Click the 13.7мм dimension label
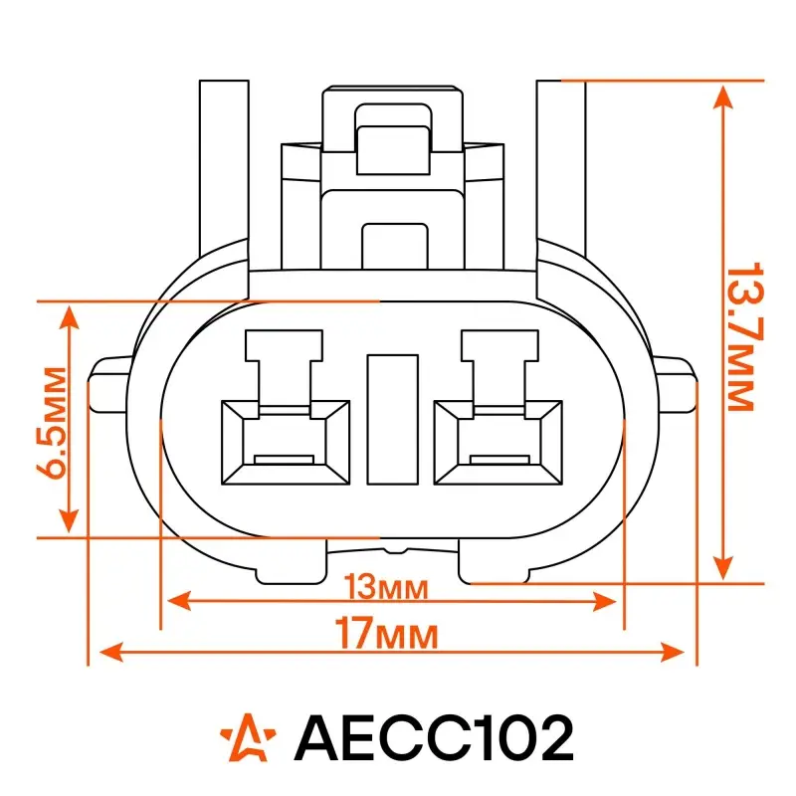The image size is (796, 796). coord(744,336)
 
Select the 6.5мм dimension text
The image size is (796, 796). coord(52,422)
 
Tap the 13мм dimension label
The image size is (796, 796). coord(387,587)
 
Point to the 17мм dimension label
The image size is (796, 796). coord(386,634)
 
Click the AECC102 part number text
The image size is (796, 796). coord(434,737)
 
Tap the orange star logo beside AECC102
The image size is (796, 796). coord(248,737)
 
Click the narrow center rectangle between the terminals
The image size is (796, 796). coord(392,419)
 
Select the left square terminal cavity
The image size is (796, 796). coord(286,442)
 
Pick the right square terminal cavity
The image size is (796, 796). coord(498,442)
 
